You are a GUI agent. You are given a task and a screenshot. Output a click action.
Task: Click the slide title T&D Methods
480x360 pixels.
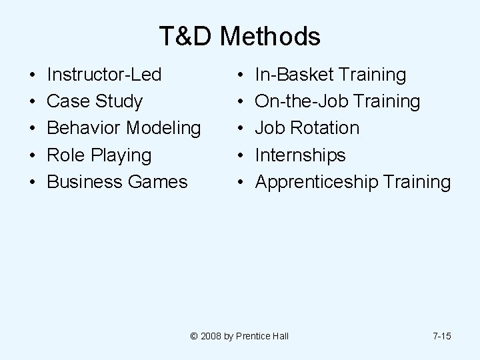[240, 37]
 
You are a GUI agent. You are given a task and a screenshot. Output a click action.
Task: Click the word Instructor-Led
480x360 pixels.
[105, 75]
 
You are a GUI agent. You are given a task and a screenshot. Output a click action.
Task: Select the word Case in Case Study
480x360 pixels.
[69, 101]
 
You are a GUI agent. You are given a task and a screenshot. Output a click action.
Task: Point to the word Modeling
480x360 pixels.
[167, 128]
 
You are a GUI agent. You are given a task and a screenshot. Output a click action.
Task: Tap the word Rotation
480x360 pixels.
[327, 128]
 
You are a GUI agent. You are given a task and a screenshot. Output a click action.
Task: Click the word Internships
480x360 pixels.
[301, 155]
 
